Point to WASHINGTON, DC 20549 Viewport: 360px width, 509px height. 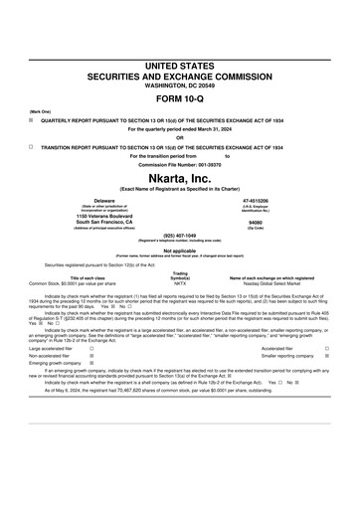coord(179,84)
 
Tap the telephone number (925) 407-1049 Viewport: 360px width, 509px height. coord(179,235)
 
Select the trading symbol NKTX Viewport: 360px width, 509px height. coord(180,283)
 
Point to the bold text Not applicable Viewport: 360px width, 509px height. coord(179,251)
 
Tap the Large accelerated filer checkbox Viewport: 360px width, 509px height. coord(91,349)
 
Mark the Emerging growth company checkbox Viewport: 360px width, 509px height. coord(91,363)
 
